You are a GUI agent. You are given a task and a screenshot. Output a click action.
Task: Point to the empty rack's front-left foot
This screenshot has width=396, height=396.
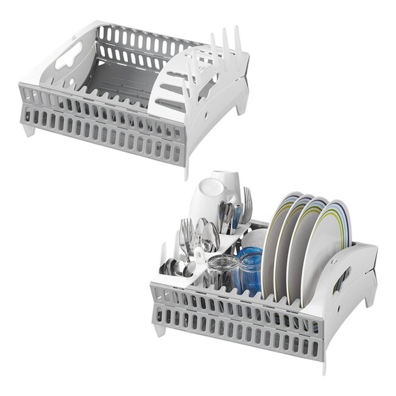coord(29,129)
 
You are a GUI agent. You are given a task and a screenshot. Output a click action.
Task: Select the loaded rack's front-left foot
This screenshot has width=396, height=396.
coord(160,330)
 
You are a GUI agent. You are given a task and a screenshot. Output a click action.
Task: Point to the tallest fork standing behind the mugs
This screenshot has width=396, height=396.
coord(247,201)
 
